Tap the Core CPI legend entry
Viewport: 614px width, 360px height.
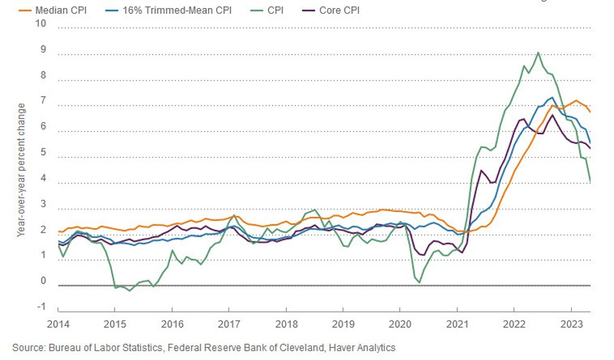[339, 10]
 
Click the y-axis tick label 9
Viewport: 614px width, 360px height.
[42, 50]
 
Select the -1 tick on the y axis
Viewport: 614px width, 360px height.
[41, 307]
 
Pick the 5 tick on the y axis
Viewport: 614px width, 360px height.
[42, 153]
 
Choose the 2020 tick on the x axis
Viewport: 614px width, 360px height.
[400, 325]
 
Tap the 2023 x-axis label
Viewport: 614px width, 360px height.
[570, 325]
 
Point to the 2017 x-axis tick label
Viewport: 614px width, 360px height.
[229, 325]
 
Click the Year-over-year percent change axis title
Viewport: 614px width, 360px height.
[21, 170]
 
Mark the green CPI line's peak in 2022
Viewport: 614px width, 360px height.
[538, 52]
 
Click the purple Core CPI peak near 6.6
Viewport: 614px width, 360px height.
[553, 115]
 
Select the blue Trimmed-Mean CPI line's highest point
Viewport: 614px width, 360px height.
[552, 97]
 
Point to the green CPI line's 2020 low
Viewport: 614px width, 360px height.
[419, 282]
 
